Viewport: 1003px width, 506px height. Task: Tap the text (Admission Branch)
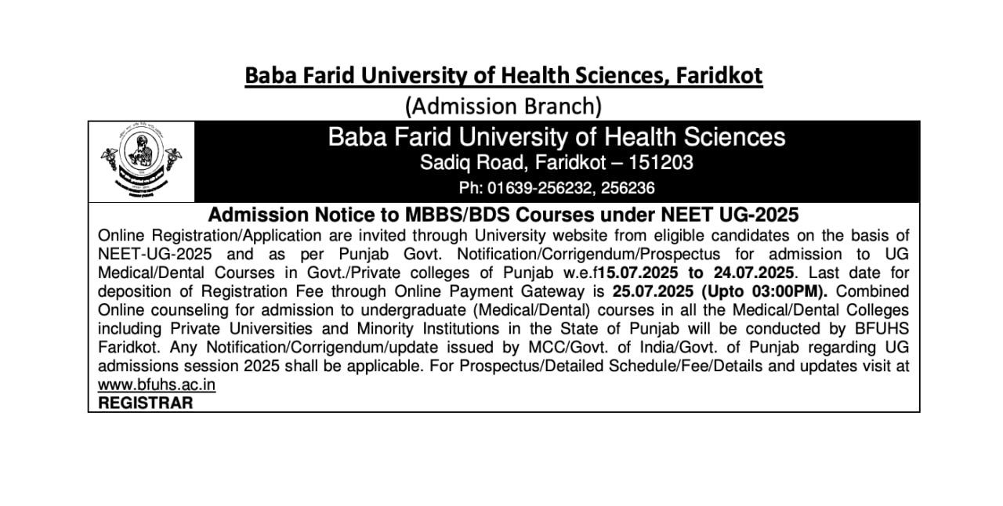[502, 105]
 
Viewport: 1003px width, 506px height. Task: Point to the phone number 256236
[627, 188]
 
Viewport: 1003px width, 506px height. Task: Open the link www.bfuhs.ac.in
[157, 385]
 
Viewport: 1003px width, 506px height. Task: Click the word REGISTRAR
[145, 403]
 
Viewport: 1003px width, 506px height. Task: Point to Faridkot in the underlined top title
[717, 76]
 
